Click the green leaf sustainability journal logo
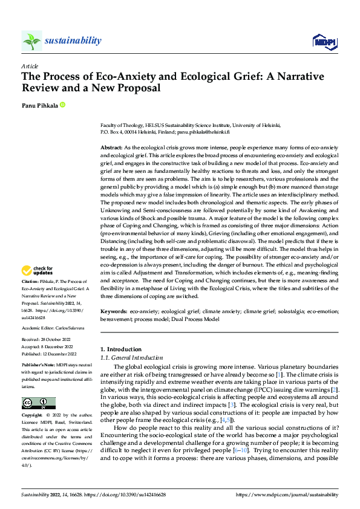click(x=32, y=41)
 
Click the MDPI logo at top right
click(x=324, y=41)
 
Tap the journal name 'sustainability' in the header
click(x=73, y=41)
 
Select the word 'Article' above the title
click(x=30, y=66)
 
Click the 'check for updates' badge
click(x=38, y=270)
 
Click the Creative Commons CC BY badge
click(x=38, y=403)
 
